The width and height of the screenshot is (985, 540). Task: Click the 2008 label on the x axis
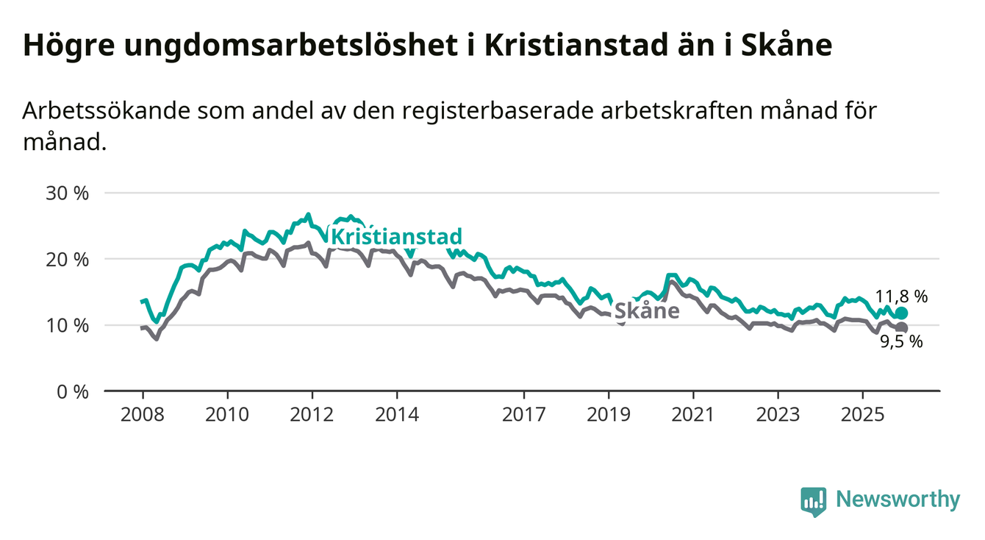tap(142, 414)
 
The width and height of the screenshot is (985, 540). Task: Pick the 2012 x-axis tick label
tap(312, 414)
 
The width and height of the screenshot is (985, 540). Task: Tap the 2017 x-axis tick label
tap(523, 414)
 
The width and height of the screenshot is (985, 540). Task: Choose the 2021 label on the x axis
tap(693, 414)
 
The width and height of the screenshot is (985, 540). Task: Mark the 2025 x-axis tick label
tap(863, 414)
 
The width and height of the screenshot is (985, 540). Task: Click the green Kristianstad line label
tap(396, 237)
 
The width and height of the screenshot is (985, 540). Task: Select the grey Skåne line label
tap(646, 311)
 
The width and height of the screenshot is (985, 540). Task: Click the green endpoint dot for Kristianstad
tap(902, 313)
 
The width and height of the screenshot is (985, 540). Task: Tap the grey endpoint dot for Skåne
tap(902, 328)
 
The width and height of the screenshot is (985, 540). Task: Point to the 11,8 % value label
tap(901, 296)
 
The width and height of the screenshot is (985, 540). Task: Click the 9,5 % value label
tap(901, 342)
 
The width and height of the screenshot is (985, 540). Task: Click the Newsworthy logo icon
tap(813, 501)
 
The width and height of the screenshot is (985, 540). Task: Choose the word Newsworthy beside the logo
tap(898, 500)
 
